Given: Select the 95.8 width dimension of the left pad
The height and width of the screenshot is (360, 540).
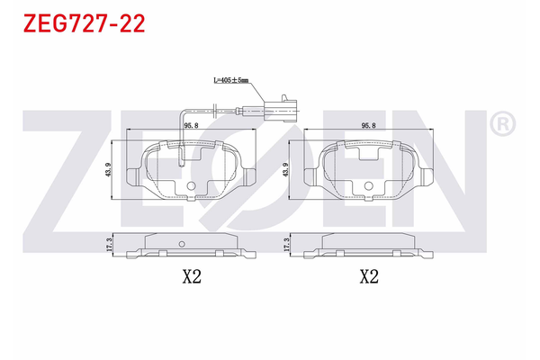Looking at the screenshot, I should click(x=191, y=127).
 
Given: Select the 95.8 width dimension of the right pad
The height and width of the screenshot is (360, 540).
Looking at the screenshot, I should click(x=367, y=127).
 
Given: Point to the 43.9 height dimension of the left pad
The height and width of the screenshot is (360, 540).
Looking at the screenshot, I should click(x=109, y=169).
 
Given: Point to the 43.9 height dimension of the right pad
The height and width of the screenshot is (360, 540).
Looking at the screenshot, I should click(x=286, y=169).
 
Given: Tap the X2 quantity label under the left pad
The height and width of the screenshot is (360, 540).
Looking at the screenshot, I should click(x=191, y=277).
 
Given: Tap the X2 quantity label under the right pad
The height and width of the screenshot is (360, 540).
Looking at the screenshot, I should click(x=367, y=277).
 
